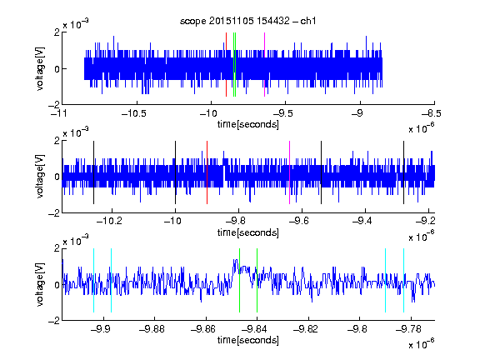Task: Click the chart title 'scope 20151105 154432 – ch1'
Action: (x=248, y=21)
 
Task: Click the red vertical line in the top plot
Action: (x=226, y=65)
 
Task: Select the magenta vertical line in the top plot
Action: (x=264, y=65)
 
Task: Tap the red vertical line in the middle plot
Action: (x=207, y=172)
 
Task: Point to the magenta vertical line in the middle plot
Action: (x=290, y=172)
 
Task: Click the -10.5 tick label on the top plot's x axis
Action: (x=134, y=113)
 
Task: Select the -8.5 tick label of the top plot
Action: (x=431, y=113)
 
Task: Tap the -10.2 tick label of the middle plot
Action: (x=109, y=221)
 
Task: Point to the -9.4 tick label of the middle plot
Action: (x=362, y=221)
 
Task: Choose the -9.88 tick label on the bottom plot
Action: (x=152, y=329)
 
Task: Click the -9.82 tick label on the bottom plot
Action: (x=306, y=329)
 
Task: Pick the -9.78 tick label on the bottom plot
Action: (x=408, y=329)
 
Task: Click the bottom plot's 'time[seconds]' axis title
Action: (x=248, y=340)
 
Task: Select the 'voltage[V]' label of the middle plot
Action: (x=40, y=177)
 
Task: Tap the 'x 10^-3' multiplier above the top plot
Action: (x=76, y=23)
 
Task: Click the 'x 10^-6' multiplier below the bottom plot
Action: (x=421, y=344)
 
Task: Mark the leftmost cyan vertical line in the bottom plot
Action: (x=93, y=280)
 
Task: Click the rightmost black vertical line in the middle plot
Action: (x=403, y=172)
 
